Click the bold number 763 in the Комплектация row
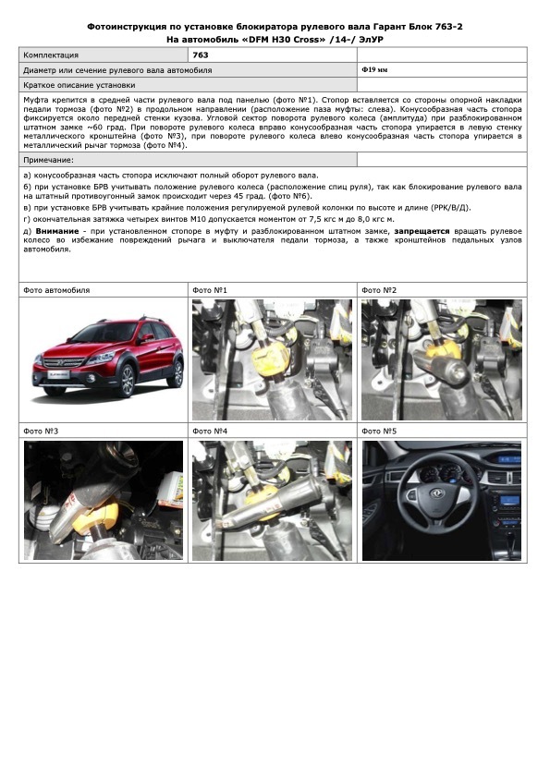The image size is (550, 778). tap(201, 55)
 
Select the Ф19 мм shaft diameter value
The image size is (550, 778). tap(374, 70)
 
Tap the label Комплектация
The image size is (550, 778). tap(51, 55)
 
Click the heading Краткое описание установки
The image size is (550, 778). tap(79, 85)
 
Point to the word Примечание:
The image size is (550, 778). tap(48, 160)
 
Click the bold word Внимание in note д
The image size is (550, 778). tap(57, 231)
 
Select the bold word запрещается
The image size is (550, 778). tap(422, 231)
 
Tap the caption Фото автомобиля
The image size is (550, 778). tap(56, 290)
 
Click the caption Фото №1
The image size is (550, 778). tap(210, 290)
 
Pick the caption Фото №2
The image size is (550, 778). tap(379, 290)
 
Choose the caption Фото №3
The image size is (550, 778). tap(41, 432)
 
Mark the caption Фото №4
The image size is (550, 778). tap(210, 432)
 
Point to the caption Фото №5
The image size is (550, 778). tap(379, 432)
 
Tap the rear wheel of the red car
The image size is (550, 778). tap(177, 373)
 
